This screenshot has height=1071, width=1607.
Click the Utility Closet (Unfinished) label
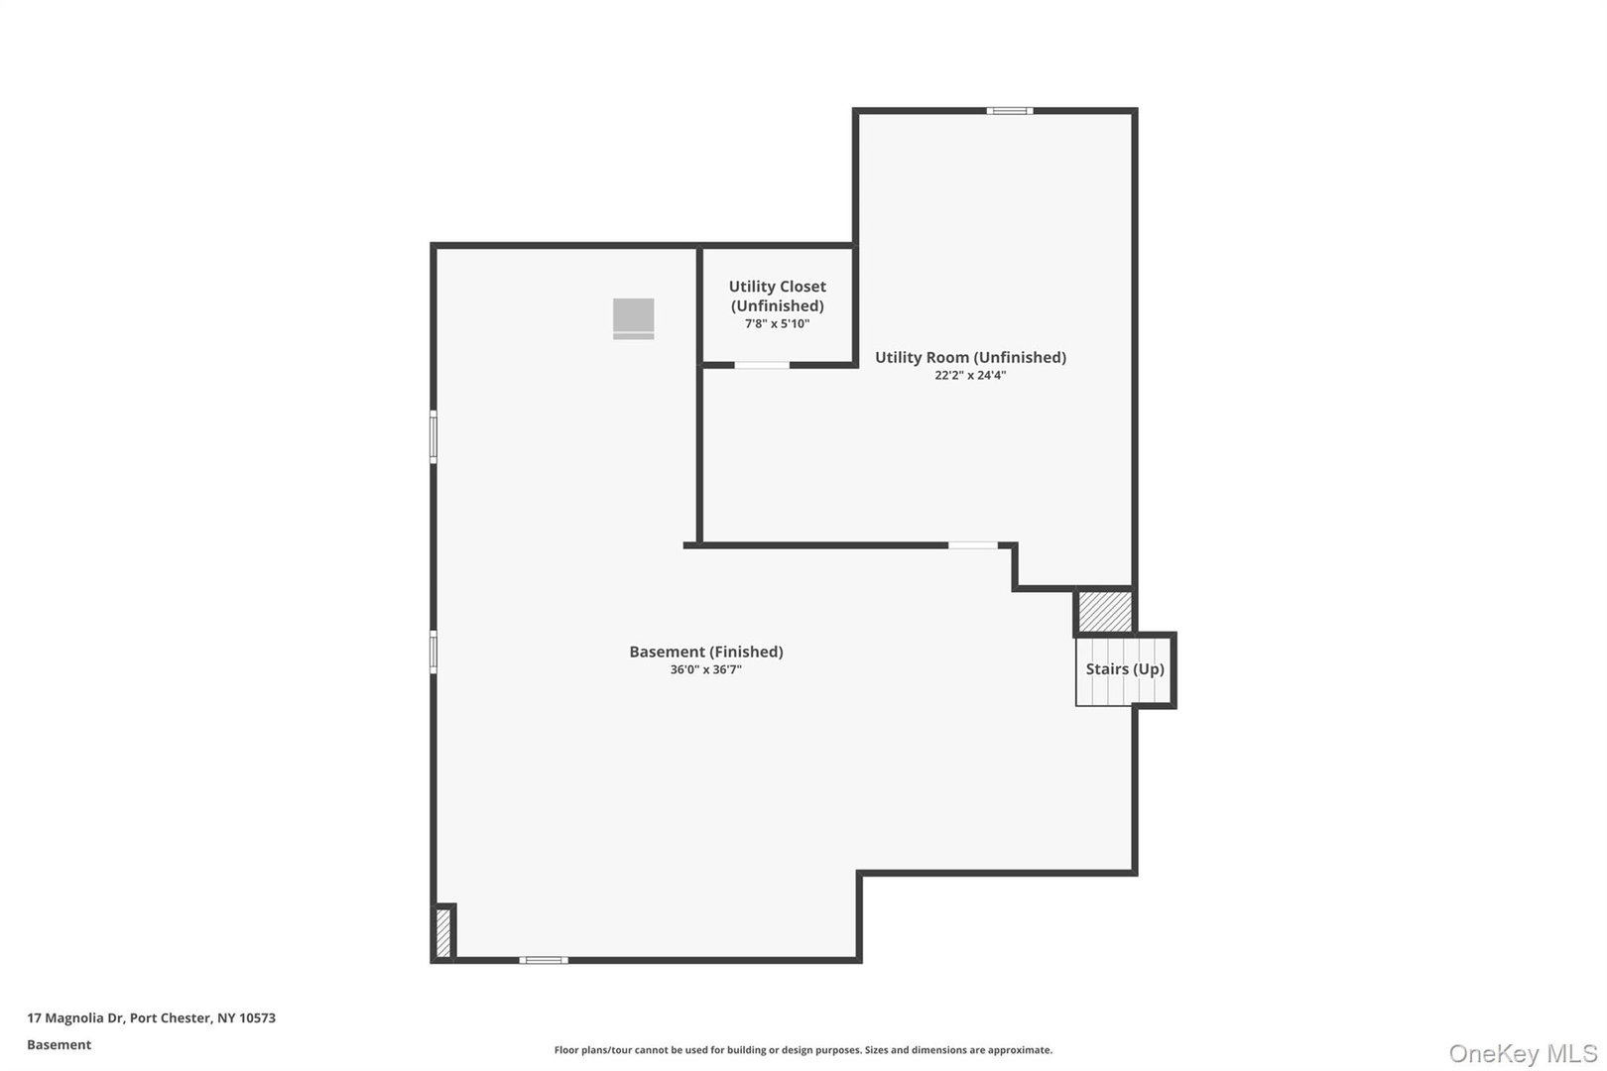point(777,296)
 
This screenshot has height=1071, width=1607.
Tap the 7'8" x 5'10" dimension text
point(777,324)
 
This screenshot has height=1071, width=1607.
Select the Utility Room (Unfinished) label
point(970,357)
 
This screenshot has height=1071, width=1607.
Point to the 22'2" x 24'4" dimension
point(970,376)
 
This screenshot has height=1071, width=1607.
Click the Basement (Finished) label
point(706,652)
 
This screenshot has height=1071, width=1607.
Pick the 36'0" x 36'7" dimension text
point(706,670)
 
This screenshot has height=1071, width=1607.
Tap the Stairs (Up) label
point(1125,669)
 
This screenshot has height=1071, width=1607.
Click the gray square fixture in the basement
point(633,318)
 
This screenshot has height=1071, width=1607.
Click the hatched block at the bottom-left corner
point(443,933)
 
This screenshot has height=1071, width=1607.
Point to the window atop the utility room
point(1009,111)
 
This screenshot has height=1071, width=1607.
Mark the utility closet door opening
point(762,365)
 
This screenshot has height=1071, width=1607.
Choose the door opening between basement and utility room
point(972,544)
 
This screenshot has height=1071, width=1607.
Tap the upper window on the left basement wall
point(433,436)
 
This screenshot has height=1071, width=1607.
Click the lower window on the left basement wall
point(433,652)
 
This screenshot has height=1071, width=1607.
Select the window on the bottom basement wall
point(544,959)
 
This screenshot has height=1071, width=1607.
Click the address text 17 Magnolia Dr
point(151,1018)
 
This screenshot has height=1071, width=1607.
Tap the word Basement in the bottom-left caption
point(59,1045)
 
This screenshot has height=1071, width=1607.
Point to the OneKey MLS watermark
point(1522,1053)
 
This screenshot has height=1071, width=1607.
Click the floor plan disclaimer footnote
point(803,1050)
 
